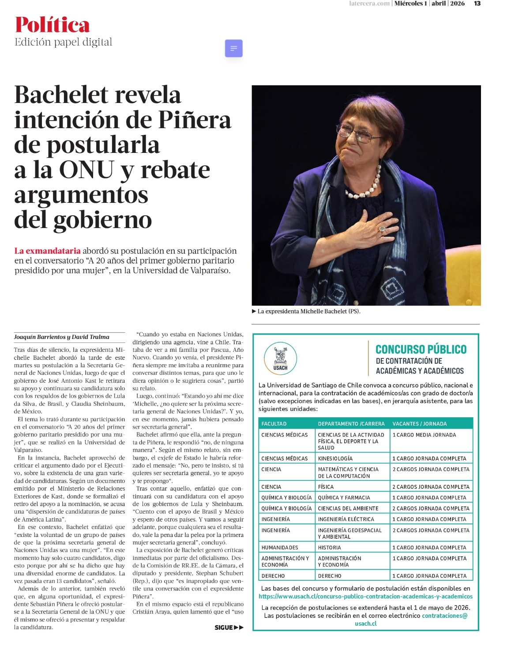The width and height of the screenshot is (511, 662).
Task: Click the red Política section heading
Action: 52,25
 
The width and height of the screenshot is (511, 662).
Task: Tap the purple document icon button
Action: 234,48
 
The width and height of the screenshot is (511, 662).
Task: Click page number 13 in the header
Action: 477,4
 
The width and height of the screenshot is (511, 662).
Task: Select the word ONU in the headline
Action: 86,170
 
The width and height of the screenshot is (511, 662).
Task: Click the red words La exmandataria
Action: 47,251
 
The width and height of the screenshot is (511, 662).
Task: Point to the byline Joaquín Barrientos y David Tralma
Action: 61,337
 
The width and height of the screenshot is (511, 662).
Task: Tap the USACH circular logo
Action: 280,358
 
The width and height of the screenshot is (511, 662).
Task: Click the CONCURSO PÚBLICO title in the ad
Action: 421,350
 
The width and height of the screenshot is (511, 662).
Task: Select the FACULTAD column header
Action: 274,424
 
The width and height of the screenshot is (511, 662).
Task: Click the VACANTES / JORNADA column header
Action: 420,424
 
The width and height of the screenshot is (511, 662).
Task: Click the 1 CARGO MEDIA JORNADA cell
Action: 425,435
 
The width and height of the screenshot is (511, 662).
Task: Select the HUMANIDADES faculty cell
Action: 280,548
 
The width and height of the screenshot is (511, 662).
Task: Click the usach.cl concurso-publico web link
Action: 365,597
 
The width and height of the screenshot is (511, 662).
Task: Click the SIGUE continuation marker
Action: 229,628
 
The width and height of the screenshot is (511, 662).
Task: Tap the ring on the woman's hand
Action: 382,228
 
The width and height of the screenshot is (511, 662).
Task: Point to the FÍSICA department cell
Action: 326,487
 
